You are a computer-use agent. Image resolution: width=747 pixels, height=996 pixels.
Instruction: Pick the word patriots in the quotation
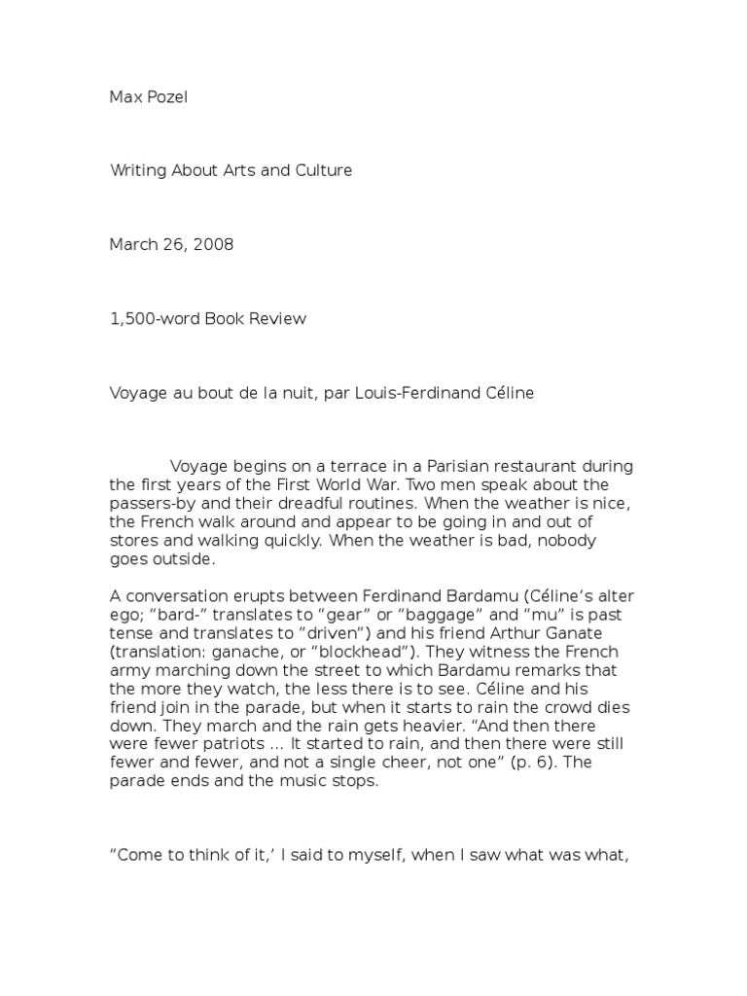point(213,743)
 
